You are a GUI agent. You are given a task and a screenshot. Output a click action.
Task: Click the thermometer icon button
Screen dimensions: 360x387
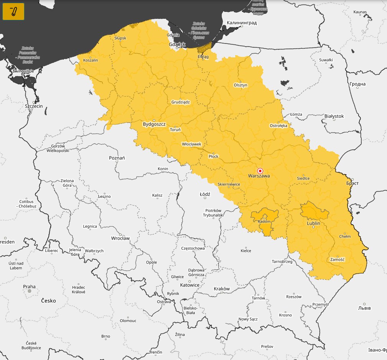pyautogui.click(x=13, y=12)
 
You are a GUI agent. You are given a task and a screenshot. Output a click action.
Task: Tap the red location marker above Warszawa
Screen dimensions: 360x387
pyautogui.click(x=260, y=171)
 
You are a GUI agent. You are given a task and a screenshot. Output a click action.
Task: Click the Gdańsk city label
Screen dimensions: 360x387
pyautogui.click(x=177, y=44)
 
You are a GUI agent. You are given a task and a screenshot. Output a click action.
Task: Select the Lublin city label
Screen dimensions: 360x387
pyautogui.click(x=313, y=223)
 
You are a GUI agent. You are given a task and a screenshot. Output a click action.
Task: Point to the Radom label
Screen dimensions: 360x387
pyautogui.click(x=264, y=222)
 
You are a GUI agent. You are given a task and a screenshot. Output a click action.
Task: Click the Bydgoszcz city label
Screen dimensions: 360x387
pyautogui.click(x=154, y=124)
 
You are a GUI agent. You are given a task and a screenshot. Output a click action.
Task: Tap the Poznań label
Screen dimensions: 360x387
pyautogui.click(x=117, y=158)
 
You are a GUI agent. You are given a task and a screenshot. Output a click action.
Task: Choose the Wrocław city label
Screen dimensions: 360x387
pyautogui.click(x=120, y=238)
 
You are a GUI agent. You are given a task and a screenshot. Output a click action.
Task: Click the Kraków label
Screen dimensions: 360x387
pyautogui.click(x=221, y=289)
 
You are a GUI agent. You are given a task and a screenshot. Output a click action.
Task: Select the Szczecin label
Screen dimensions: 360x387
pyautogui.click(x=34, y=106)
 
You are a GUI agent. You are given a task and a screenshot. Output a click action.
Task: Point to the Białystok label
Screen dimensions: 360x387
pyautogui.click(x=334, y=116)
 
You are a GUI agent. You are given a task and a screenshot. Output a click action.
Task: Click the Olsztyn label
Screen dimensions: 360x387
pyautogui.click(x=240, y=85)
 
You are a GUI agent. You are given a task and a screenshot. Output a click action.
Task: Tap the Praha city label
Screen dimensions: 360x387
pyautogui.click(x=29, y=286)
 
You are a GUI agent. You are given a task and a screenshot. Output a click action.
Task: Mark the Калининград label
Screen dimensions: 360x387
pyautogui.click(x=241, y=23)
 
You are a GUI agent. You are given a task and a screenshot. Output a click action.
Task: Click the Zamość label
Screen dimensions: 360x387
pyautogui.click(x=337, y=260)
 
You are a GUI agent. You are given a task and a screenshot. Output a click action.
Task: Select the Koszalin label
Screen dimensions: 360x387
pyautogui.click(x=90, y=60)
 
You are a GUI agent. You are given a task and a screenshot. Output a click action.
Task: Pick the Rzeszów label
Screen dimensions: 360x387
pyautogui.click(x=294, y=297)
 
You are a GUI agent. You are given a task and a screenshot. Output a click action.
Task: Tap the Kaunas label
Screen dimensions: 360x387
pyautogui.click(x=360, y=12)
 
